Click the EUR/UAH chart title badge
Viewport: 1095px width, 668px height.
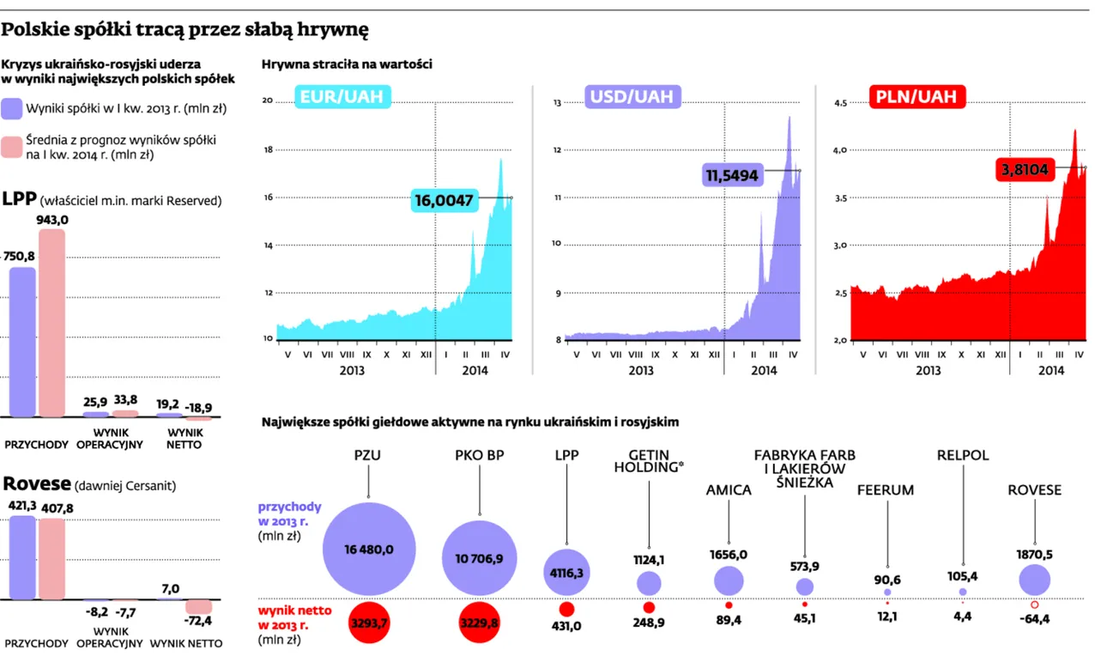tap(342, 98)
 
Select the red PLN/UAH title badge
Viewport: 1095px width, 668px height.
tap(915, 97)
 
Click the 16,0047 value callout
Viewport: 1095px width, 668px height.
tap(444, 199)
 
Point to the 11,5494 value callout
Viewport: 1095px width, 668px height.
tap(732, 175)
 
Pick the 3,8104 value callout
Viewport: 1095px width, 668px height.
tap(1023, 170)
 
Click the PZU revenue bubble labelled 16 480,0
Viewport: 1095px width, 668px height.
tap(369, 549)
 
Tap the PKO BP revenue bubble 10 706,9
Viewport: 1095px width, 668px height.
tap(480, 558)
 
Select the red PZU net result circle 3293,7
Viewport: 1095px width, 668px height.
tap(369, 622)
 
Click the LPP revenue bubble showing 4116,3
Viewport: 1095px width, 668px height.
tap(566, 571)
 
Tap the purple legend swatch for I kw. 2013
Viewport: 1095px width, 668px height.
tap(11, 109)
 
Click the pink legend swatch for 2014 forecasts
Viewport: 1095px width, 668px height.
tap(11, 147)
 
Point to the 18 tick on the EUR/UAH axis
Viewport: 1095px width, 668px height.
tap(267, 149)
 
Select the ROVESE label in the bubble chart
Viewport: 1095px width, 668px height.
tap(1034, 490)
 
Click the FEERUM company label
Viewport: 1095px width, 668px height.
tap(886, 490)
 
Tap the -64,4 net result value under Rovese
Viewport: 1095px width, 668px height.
tap(1033, 619)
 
